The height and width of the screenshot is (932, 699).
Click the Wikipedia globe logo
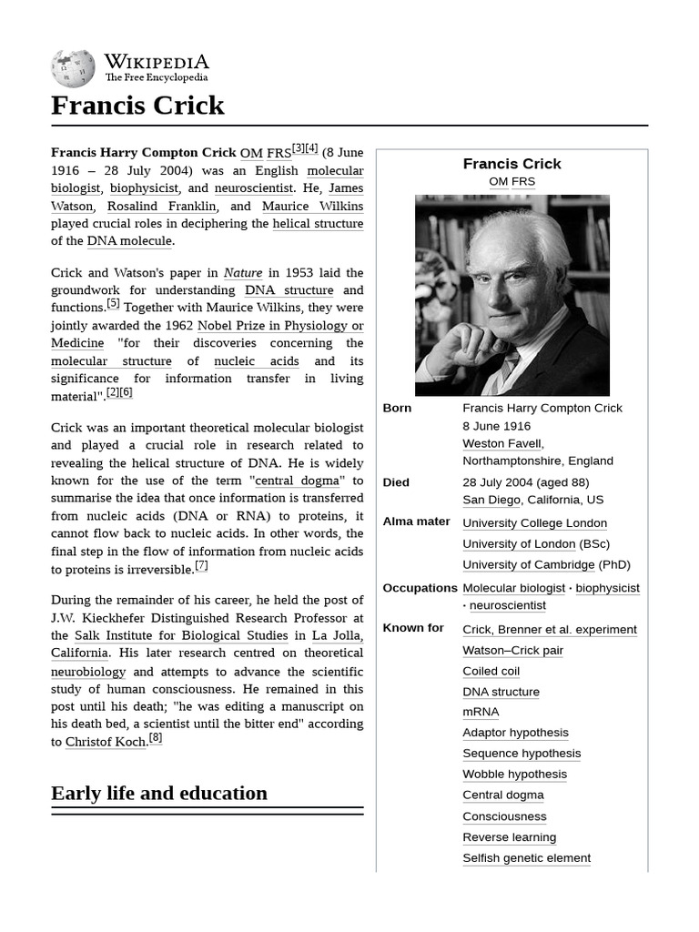73,66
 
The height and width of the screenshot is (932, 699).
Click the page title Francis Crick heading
137,106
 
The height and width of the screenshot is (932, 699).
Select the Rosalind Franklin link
157,206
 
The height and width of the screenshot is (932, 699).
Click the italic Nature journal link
243,272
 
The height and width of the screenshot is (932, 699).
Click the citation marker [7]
201,566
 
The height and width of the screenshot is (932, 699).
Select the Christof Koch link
105,742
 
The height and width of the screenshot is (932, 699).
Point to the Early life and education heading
159,793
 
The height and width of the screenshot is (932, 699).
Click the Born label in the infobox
397,408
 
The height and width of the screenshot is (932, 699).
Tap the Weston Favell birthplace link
502,443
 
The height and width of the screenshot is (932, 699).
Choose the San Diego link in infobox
491,500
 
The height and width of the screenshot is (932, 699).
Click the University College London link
534,523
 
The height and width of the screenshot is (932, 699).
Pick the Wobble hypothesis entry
514,775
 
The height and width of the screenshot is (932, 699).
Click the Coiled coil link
491,671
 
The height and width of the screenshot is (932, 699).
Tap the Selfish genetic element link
526,858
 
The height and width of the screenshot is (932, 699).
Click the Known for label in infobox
413,628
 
